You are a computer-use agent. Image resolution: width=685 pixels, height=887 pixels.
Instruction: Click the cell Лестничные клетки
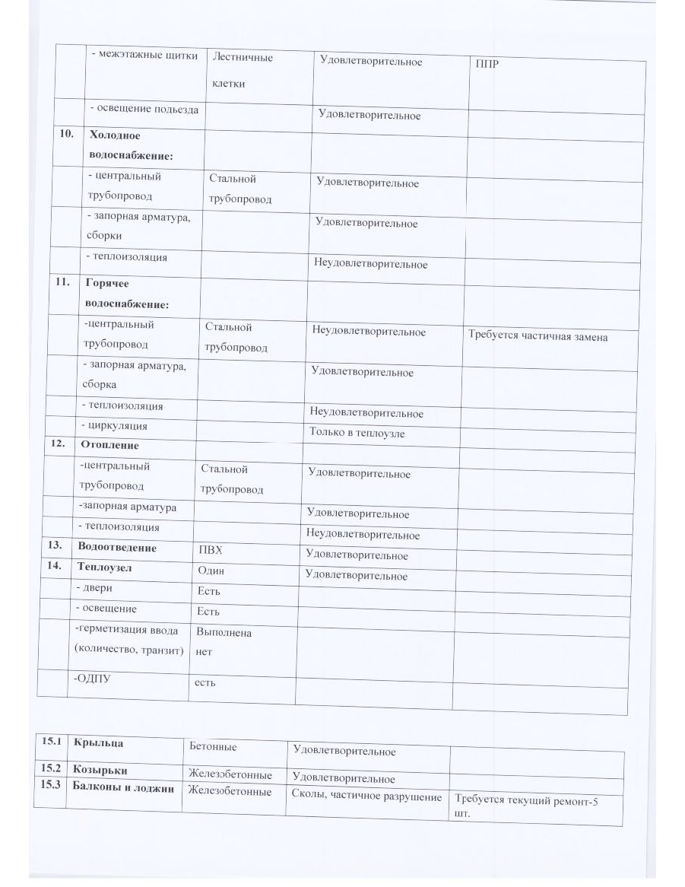pos(242,70)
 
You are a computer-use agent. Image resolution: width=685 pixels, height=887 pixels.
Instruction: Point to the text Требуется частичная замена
pos(538,336)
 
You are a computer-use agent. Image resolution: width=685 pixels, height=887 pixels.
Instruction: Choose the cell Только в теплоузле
pos(357,433)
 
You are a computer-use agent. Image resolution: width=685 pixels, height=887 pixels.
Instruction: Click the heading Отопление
pos(109,445)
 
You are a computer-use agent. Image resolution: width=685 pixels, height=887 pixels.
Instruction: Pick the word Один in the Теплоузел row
pos(211,571)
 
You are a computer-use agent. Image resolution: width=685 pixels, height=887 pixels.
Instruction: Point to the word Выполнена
pos(224,633)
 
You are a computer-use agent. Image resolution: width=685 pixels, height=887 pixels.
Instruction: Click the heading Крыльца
pos(98,742)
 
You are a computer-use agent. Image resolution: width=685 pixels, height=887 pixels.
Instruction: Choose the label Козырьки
pos(100,769)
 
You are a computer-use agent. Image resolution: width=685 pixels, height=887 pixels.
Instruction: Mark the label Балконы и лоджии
pos(123,788)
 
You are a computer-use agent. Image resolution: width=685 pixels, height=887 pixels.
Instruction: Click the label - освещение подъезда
pos(144,110)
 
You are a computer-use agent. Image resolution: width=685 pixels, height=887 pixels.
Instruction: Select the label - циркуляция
pos(114,426)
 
